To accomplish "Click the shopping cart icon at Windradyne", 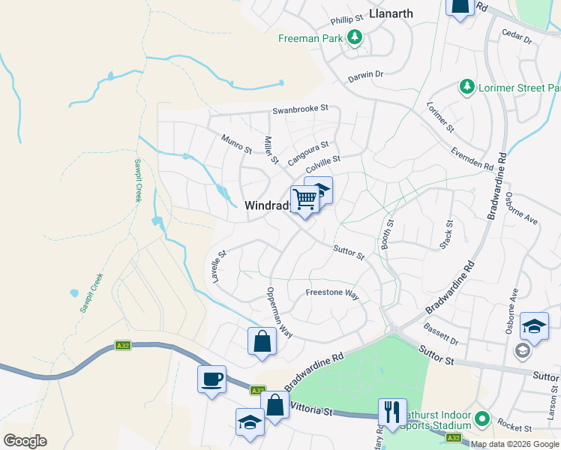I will point(304,199).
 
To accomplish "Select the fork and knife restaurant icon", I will point(392,410).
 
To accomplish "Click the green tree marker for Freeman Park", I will point(354,37).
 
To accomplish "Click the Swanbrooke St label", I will point(300,108).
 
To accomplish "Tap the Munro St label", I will point(236,144).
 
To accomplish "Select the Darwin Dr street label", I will point(365,75).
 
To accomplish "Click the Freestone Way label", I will point(332,293).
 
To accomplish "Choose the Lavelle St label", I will point(218,266).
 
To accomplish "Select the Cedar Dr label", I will point(516,35).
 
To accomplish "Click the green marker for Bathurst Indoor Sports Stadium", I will point(481,418).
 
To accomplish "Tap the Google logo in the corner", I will point(25,440).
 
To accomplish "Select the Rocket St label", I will point(513,427).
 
